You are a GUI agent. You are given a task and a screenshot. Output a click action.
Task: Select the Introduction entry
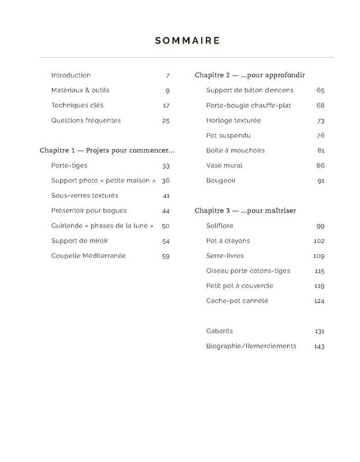[70, 75]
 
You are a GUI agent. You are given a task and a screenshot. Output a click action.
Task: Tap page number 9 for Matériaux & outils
[168, 91]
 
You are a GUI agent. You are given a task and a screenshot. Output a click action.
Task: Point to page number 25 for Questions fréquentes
[166, 121]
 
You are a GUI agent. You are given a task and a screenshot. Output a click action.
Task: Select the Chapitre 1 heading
[107, 150]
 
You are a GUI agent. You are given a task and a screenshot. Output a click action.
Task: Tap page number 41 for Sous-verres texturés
[166, 196]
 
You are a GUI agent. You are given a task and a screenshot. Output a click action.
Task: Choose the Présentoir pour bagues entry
[88, 211]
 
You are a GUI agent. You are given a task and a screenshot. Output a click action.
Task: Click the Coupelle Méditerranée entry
[88, 256]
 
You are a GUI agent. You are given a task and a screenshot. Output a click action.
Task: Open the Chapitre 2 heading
[250, 75]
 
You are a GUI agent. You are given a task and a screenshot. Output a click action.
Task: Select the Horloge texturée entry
[233, 121]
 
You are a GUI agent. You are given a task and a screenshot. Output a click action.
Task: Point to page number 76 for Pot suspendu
[321, 136]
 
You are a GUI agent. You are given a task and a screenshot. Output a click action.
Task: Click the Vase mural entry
[224, 166]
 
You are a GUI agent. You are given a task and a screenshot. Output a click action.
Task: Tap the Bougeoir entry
[221, 181]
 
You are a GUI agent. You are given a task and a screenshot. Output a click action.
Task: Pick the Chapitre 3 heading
[245, 210]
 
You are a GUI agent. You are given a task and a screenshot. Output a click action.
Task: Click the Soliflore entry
[220, 226]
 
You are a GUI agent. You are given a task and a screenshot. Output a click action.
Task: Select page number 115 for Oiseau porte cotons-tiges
[319, 271]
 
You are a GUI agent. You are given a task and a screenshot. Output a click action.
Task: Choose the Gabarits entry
[220, 331]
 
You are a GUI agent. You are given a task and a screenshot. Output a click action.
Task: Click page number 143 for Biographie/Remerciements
[319, 346]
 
